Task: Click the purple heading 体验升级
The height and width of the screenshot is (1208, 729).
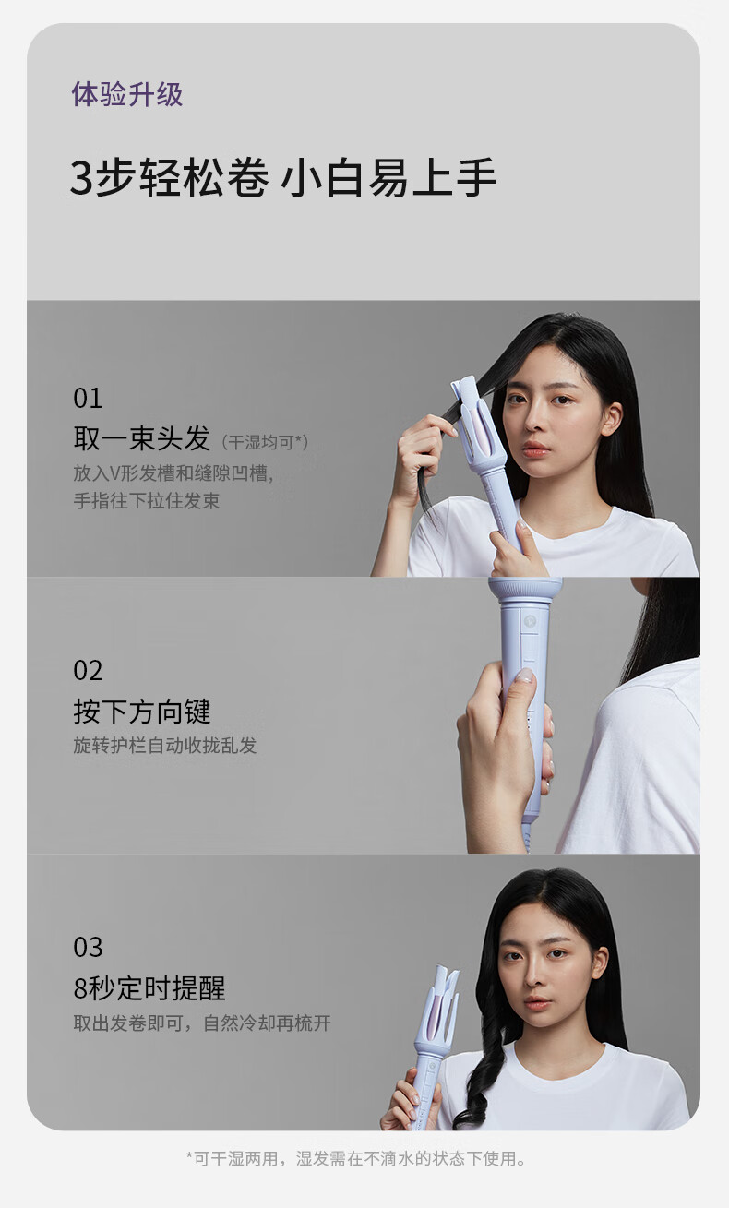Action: click(x=127, y=95)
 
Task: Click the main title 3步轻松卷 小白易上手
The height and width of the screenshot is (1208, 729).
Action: click(x=283, y=177)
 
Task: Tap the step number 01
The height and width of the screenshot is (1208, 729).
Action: click(x=88, y=399)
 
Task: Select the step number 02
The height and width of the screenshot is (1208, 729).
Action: click(x=88, y=671)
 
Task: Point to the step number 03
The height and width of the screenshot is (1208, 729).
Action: click(x=88, y=947)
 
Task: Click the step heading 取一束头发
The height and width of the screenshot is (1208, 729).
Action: click(x=142, y=438)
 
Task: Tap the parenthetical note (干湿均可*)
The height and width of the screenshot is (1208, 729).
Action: click(x=265, y=442)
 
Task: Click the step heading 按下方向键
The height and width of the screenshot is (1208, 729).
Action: click(x=142, y=712)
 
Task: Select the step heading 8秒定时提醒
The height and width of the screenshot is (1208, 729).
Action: click(x=149, y=988)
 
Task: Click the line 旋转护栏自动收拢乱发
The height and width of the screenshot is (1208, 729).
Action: click(x=165, y=746)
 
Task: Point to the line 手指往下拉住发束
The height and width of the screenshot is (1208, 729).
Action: click(x=147, y=500)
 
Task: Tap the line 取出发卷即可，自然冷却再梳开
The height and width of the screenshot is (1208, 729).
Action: click(x=202, y=1023)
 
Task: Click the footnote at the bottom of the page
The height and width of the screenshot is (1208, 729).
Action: click(x=356, y=1158)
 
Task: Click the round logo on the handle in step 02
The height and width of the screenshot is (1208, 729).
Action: click(x=530, y=621)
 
